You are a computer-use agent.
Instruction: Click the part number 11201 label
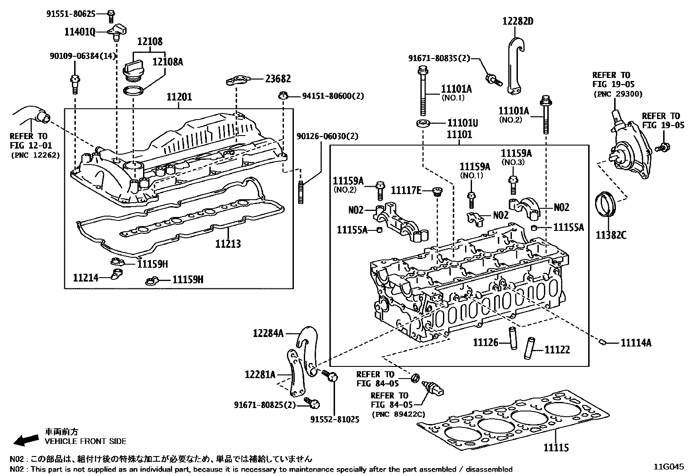[179, 97]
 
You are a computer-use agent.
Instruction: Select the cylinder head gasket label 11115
[556, 447]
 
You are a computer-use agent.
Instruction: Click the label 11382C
[611, 235]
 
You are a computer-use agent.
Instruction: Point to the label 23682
[278, 79]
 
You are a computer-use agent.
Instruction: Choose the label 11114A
[636, 343]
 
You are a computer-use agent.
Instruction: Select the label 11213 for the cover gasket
[228, 244]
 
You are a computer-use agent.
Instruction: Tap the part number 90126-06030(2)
[327, 136]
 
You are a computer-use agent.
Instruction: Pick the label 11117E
[406, 190]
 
